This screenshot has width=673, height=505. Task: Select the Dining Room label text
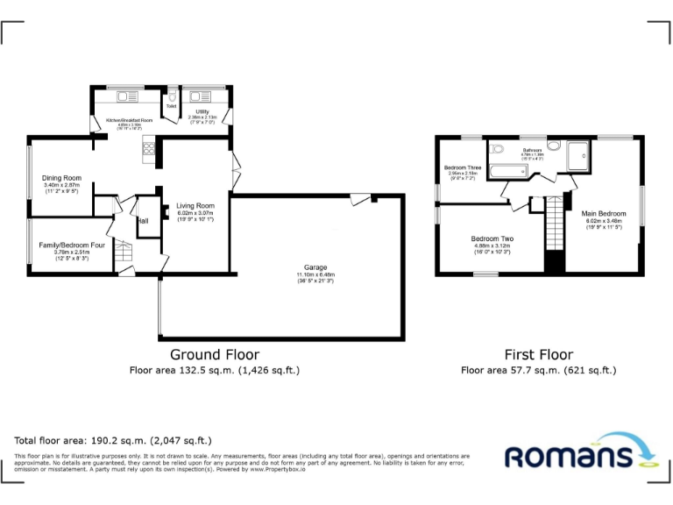[x=61, y=179]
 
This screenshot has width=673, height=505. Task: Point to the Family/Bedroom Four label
[x=72, y=245]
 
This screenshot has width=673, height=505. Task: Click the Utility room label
[x=202, y=112]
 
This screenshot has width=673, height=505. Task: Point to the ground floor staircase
[x=124, y=254]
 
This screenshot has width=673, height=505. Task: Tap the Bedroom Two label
[x=492, y=239]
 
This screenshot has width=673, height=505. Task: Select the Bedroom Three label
[x=462, y=167]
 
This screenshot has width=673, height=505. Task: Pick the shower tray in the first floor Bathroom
[x=579, y=156]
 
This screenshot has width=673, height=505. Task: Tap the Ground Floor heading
[x=214, y=355]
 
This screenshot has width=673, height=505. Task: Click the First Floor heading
[x=538, y=355]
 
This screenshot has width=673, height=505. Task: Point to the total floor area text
[x=113, y=440]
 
